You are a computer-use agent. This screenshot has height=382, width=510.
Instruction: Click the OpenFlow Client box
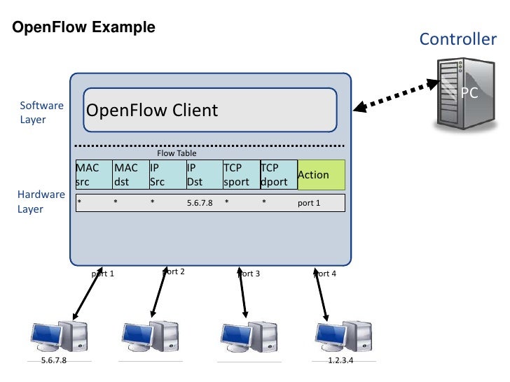coord(209,111)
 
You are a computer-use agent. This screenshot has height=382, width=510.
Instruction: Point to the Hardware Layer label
coord(41,201)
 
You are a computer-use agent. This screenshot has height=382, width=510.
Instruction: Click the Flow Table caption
coord(177,153)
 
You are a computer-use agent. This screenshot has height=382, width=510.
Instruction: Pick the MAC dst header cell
coord(130,175)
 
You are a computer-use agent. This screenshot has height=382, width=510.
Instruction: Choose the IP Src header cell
coord(167,175)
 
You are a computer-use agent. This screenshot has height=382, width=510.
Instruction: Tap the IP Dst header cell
coord(203,175)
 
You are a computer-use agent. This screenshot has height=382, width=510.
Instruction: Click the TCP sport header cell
coord(240,175)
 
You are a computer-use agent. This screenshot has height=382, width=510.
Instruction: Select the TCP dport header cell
coord(277,175)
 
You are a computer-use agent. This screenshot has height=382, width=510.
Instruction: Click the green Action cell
coord(322,175)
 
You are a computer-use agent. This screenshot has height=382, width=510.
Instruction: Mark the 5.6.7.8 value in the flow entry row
coord(200,203)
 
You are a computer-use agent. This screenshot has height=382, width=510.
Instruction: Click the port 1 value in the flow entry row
coord(309,203)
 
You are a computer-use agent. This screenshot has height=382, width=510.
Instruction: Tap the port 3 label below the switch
coord(249,274)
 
